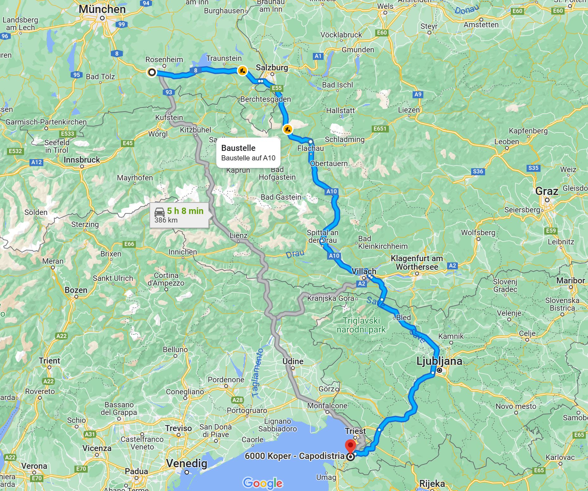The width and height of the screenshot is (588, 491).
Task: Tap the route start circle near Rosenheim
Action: click(x=152, y=72)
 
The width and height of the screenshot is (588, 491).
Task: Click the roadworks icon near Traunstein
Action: click(x=242, y=70)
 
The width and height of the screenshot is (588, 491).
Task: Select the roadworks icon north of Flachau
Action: click(x=288, y=129)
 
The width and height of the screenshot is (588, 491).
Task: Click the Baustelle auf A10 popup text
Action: click(x=248, y=158)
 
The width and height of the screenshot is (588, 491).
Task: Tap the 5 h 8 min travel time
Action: click(x=185, y=211)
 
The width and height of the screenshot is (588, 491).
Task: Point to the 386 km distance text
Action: click(x=166, y=220)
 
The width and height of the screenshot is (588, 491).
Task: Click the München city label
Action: click(x=102, y=9)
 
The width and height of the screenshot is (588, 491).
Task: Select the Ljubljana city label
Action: click(x=439, y=361)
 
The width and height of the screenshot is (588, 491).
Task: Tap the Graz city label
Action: click(x=547, y=191)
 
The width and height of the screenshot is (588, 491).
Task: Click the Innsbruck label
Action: click(x=82, y=160)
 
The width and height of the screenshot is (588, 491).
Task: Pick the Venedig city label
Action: click(x=187, y=463)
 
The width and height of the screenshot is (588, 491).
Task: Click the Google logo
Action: click(x=262, y=483)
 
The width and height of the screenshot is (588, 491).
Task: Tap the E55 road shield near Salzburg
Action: click(x=276, y=88)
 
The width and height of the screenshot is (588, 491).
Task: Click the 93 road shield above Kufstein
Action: click(x=169, y=92)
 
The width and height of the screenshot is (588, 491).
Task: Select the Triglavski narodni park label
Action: click(x=361, y=325)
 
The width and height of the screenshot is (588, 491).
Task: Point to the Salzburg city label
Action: click(x=272, y=68)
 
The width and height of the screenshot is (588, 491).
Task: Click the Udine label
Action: click(x=293, y=361)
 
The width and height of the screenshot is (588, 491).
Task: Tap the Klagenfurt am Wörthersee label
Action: click(x=417, y=262)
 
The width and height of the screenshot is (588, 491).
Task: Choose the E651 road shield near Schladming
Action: click(x=380, y=128)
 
